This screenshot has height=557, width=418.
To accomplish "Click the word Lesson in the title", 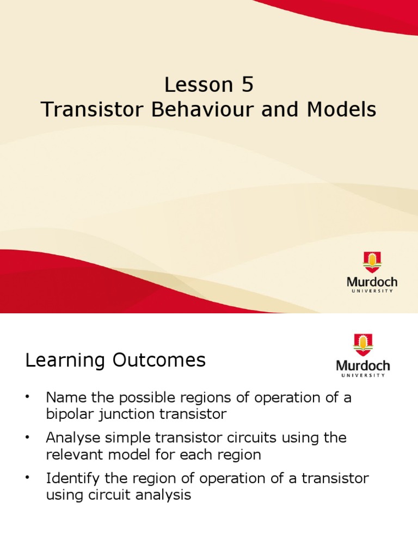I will (194, 85).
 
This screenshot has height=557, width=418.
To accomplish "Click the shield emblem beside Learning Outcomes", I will (363, 345).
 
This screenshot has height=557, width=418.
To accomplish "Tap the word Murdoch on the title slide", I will (372, 283).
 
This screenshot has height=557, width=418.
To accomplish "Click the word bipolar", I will (68, 414).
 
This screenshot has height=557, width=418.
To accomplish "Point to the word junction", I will (121, 414).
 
